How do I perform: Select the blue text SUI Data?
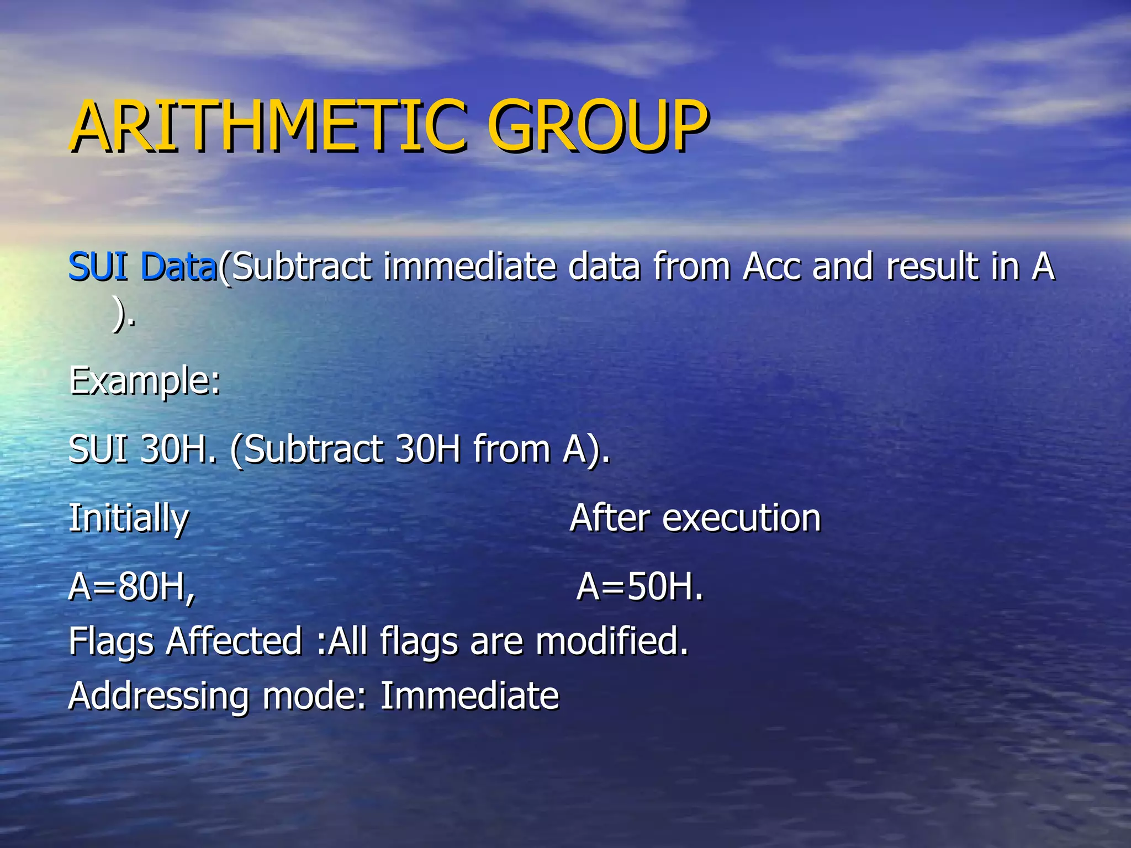click(142, 266)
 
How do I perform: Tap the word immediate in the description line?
click(469, 266)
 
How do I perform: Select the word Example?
click(145, 381)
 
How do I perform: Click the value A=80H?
click(132, 586)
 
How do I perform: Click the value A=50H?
click(640, 586)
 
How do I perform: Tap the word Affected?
click(234, 642)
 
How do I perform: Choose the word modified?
click(612, 642)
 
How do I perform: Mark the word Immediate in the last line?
click(469, 696)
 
